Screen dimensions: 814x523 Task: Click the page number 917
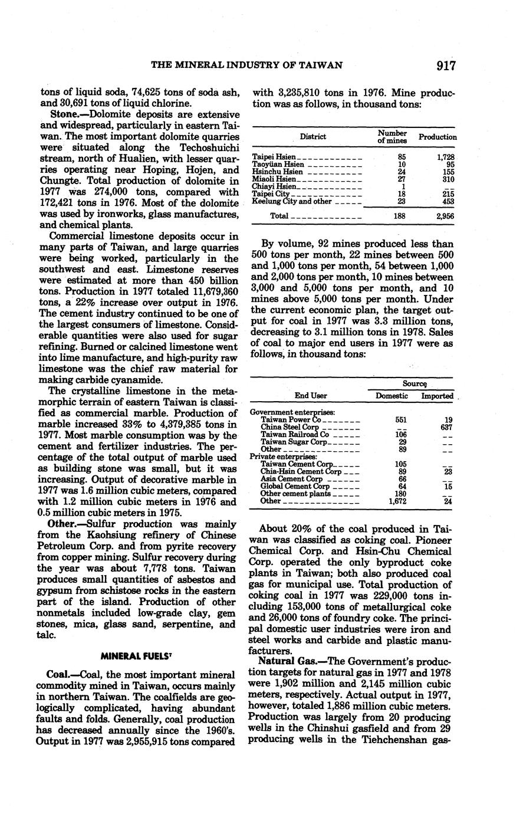[x=446, y=65]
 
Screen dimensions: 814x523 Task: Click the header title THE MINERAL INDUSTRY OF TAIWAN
[x=247, y=65]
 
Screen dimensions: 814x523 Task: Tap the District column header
[x=313, y=137]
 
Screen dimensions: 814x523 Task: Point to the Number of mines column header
[x=392, y=137]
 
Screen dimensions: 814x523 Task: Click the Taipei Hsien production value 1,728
[x=445, y=157]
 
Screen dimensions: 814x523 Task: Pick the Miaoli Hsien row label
[x=274, y=179]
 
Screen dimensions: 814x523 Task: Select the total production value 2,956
[x=445, y=216]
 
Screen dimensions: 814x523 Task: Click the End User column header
[x=311, y=396]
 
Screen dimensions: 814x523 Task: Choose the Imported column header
[x=437, y=396]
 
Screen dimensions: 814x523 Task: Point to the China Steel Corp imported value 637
[x=446, y=426]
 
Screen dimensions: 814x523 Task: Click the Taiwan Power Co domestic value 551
[x=402, y=419]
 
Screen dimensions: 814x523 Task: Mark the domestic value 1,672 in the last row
[x=399, y=501]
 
